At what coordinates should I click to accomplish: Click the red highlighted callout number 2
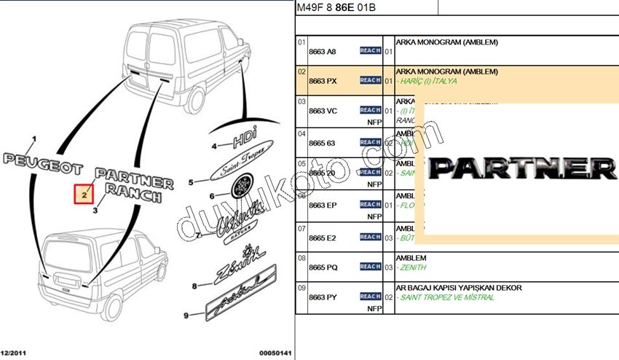point(84,195)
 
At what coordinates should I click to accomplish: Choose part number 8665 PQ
point(323,267)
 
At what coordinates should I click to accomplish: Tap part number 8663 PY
point(323,297)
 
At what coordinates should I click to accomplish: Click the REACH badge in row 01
point(370,51)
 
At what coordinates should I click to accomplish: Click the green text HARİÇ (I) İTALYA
point(427,81)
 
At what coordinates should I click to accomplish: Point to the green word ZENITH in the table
point(414,267)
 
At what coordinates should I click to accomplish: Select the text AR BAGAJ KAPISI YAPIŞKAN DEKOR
point(459,288)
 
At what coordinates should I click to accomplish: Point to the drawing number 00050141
point(275,353)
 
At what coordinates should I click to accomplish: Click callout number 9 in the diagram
point(185,314)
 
